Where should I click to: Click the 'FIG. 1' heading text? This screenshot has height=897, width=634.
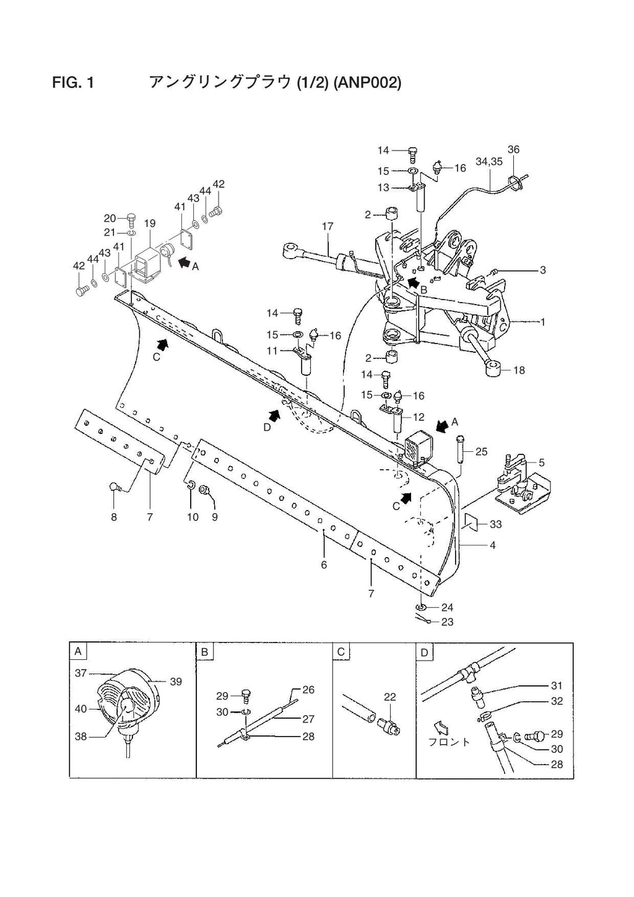click(x=73, y=82)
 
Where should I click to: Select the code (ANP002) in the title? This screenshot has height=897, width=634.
click(x=367, y=82)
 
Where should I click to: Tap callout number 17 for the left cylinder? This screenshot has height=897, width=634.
click(x=328, y=227)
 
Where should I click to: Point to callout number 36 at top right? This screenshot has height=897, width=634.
click(x=513, y=149)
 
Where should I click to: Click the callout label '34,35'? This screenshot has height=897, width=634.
click(x=489, y=162)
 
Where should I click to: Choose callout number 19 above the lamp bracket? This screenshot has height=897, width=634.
click(x=150, y=223)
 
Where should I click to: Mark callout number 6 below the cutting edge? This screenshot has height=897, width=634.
click(x=324, y=565)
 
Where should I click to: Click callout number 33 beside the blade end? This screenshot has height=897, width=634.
click(x=495, y=524)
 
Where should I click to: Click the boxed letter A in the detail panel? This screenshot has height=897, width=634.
click(x=78, y=651)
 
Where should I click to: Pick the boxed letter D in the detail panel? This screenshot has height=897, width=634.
click(x=424, y=651)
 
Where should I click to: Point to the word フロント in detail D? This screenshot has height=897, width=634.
click(x=449, y=742)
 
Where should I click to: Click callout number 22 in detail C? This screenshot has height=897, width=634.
click(x=389, y=697)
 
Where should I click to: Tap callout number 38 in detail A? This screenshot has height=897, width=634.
click(x=81, y=737)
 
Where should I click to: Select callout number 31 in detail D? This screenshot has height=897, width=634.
click(x=557, y=685)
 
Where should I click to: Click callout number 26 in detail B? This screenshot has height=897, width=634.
click(x=308, y=690)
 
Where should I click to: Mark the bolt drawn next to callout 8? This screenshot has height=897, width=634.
click(x=115, y=487)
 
